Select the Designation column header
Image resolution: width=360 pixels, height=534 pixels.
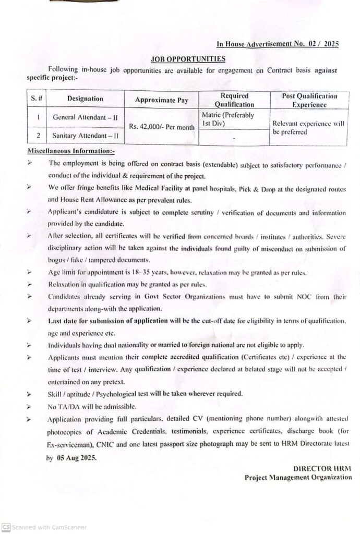(85, 99)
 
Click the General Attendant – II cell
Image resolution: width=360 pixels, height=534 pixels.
(85, 117)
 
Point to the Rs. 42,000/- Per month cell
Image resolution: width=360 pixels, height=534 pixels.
(161, 127)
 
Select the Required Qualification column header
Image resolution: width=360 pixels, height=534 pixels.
(234, 100)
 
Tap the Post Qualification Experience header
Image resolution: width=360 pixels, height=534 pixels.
(309, 100)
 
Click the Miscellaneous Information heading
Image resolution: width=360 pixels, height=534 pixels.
(70, 151)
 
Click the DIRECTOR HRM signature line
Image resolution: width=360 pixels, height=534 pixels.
(322, 469)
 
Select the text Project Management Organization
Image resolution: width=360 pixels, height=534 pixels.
(298, 477)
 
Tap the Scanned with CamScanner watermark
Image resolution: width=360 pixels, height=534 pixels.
(44, 527)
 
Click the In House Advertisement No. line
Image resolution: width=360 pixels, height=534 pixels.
(278, 44)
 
